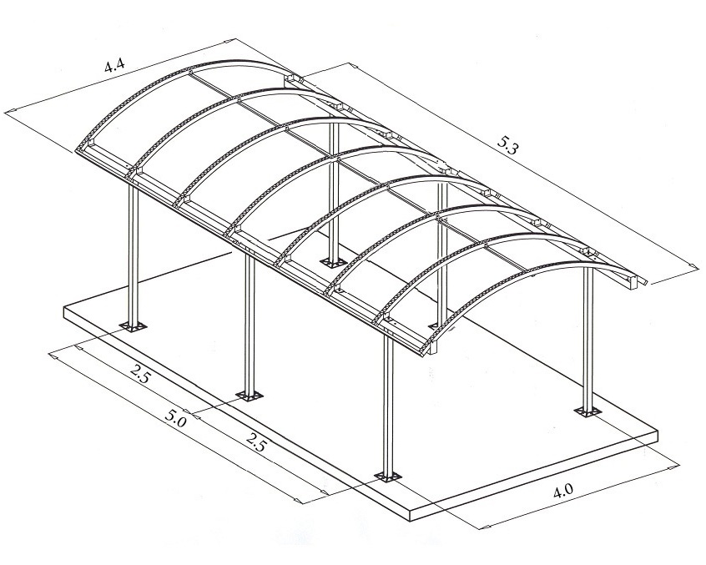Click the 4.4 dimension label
click(114, 66)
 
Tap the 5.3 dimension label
click(508, 145)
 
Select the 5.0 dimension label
click(175, 420)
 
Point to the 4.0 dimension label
click(562, 491)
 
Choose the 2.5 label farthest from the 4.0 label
click(139, 373)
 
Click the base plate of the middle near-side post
click(249, 396)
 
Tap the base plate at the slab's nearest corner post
click(388, 476)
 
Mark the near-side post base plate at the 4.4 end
click(134, 326)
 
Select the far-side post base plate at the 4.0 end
click(587, 412)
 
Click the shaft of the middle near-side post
click(250, 322)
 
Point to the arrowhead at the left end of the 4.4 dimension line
click(10, 111)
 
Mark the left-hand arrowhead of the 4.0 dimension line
click(487, 526)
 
